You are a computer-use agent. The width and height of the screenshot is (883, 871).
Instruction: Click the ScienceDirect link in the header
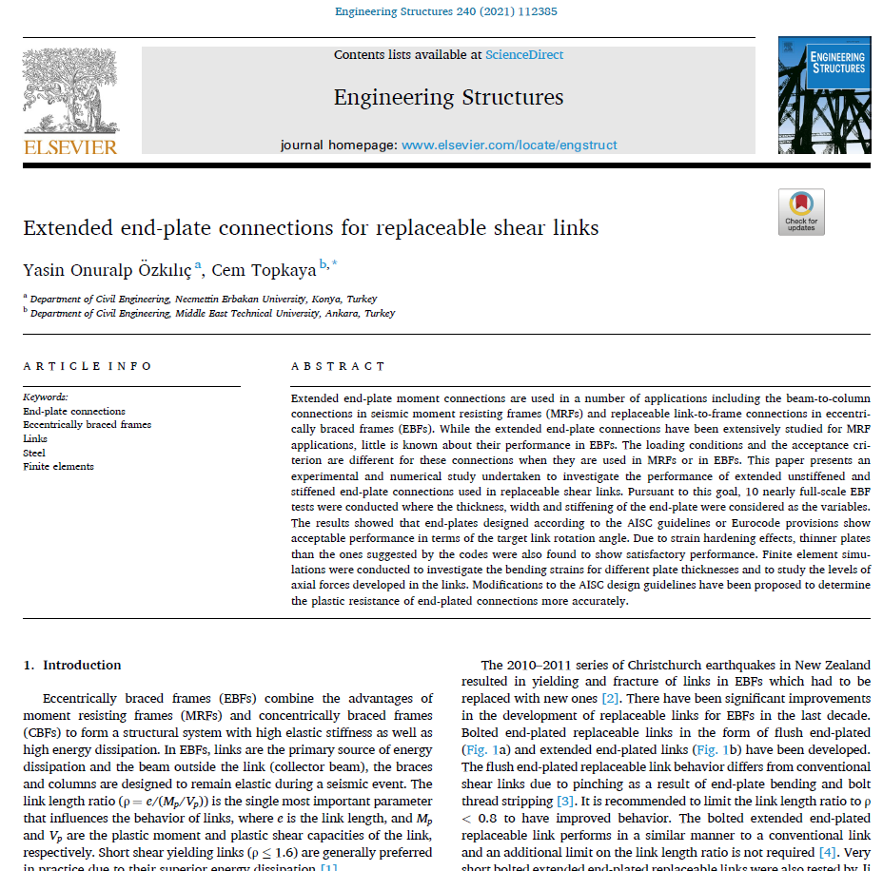pyautogui.click(x=524, y=55)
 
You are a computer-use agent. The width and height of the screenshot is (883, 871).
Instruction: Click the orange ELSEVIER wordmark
pyautogui.click(x=70, y=146)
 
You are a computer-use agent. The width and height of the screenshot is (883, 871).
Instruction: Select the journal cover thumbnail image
pyautogui.click(x=824, y=94)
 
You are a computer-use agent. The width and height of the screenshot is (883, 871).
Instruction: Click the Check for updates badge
pyautogui.click(x=801, y=211)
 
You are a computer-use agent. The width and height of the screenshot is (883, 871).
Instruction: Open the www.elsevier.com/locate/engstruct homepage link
pyautogui.click(x=509, y=145)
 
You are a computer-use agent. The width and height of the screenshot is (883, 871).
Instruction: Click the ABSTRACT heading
pyautogui.click(x=339, y=366)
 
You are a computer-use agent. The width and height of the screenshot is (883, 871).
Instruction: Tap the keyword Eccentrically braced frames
pyautogui.click(x=87, y=425)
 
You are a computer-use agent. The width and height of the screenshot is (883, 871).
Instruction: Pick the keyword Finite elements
pyautogui.click(x=58, y=467)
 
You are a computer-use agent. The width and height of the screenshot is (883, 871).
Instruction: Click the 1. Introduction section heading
pyautogui.click(x=72, y=666)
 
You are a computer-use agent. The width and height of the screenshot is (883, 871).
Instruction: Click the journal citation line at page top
pyautogui.click(x=446, y=12)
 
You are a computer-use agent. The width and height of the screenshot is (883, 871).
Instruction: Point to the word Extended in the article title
pyautogui.click(x=66, y=228)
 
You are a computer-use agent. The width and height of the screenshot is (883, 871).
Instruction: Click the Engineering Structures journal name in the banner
pyautogui.click(x=448, y=97)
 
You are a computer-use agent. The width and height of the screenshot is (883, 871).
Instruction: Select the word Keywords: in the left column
pyautogui.click(x=46, y=397)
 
